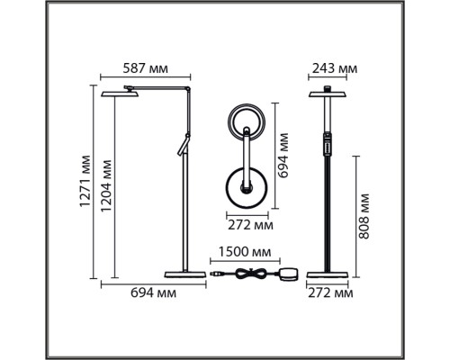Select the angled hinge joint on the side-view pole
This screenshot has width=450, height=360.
(x=184, y=144)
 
